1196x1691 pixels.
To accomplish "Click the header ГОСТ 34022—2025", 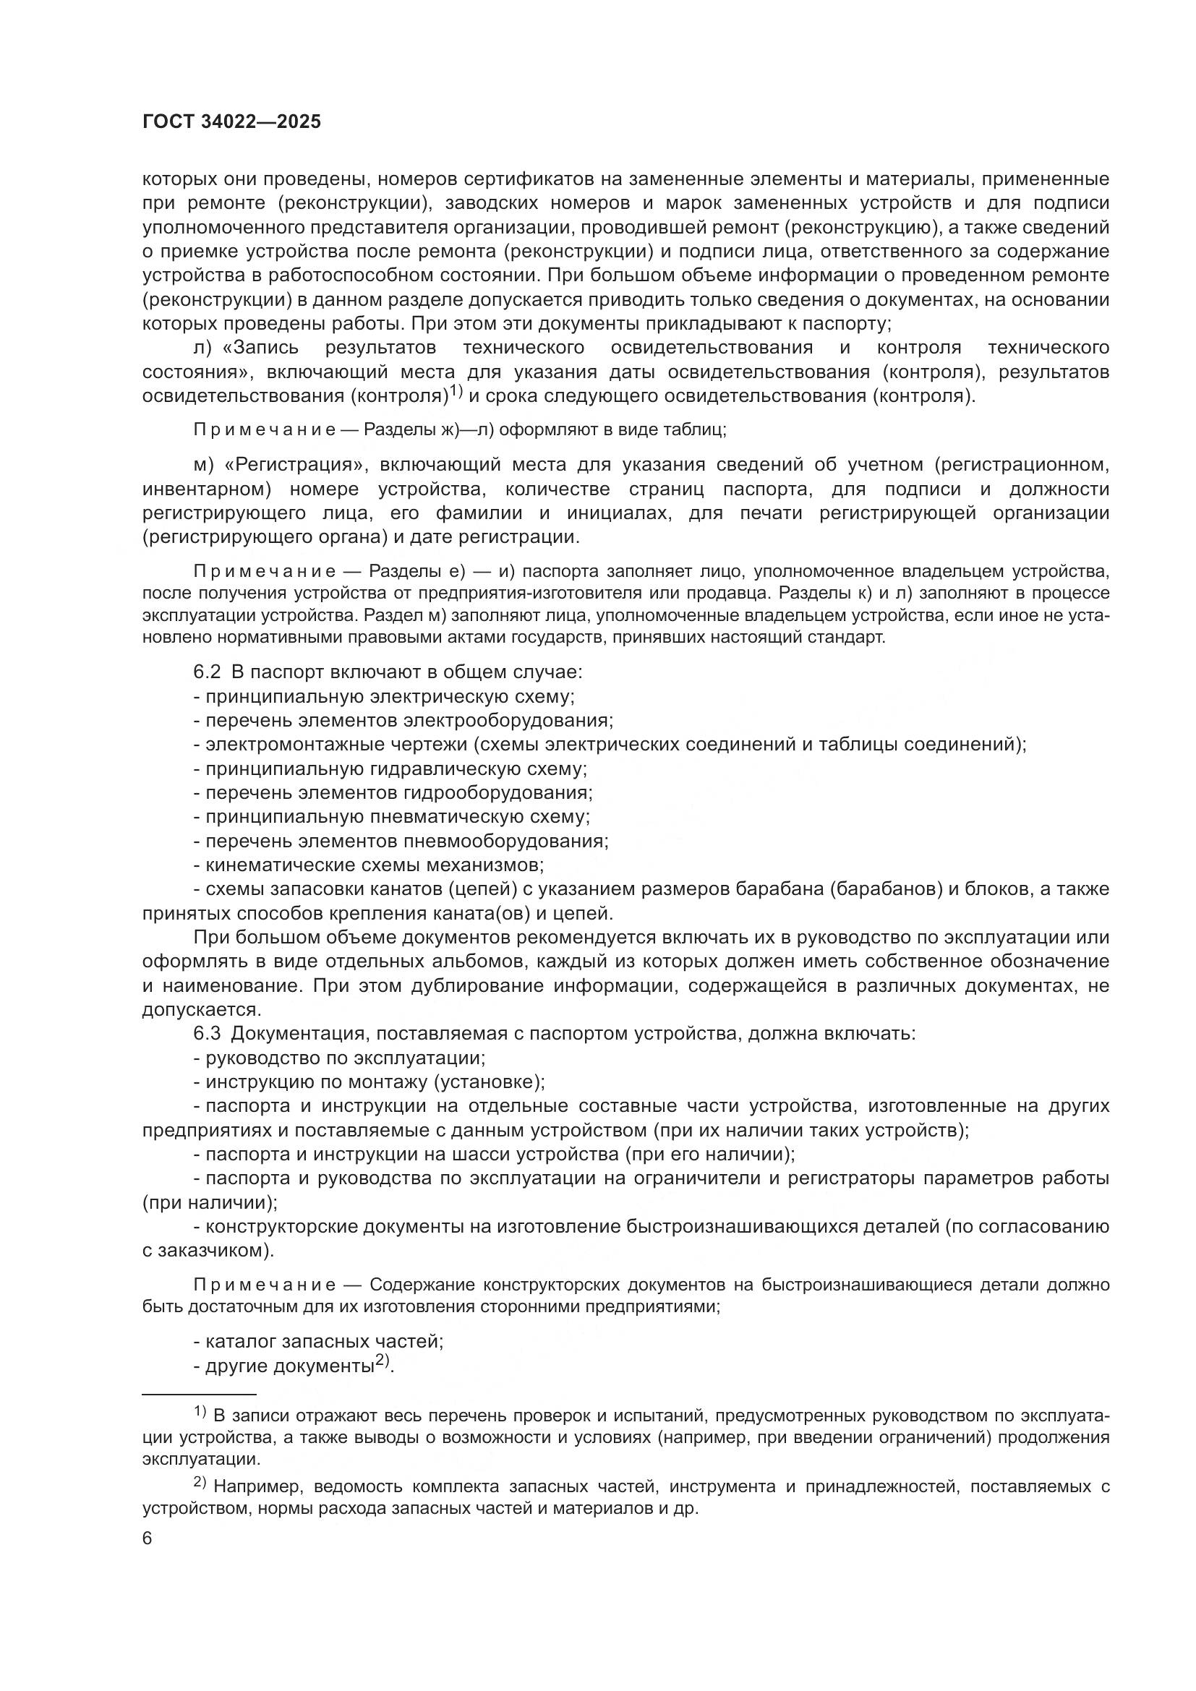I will (231, 122).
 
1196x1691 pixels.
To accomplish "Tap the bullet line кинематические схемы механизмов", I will (368, 865).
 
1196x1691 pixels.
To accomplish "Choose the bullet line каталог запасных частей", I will (318, 1341).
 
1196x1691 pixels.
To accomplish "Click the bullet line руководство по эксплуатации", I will (338, 1058).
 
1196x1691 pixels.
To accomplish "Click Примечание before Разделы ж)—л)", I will (264, 430).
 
